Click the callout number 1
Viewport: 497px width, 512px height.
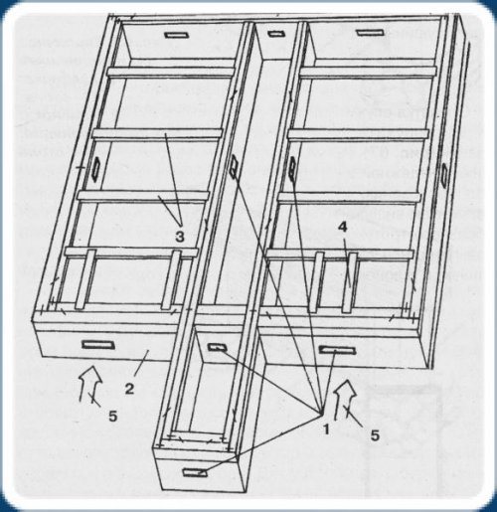[326, 429]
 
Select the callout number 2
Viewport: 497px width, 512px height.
[129, 389]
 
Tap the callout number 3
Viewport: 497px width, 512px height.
[180, 237]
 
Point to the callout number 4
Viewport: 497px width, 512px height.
[343, 227]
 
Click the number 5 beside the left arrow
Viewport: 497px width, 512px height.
[113, 417]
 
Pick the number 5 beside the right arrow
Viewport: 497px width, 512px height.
[375, 435]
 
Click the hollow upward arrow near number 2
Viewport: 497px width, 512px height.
[90, 384]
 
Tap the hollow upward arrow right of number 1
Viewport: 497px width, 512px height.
[345, 400]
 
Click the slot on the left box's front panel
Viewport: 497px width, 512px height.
[98, 345]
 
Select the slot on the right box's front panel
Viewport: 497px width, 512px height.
[337, 350]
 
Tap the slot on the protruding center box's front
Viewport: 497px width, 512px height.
[195, 472]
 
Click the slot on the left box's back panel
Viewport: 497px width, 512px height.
[177, 35]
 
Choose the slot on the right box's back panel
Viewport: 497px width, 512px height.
[370, 33]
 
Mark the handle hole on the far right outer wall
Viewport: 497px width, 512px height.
[443, 174]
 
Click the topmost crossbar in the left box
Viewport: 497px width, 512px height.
[172, 73]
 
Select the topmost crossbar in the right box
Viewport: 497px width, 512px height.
[368, 73]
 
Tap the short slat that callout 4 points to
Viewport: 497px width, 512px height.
[349, 282]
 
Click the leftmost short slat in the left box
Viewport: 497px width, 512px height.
[85, 279]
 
